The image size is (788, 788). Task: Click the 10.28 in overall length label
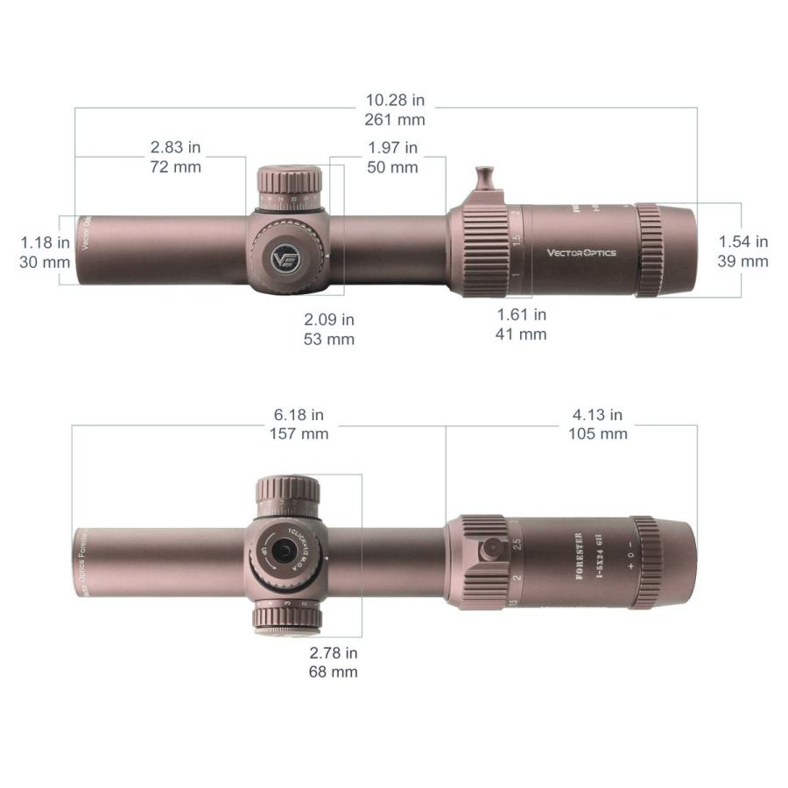[x=394, y=100]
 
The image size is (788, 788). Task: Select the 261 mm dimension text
[x=394, y=119]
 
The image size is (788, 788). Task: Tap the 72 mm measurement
[x=175, y=166]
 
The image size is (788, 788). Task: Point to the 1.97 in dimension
[x=392, y=147]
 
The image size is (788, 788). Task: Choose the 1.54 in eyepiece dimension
[x=743, y=242]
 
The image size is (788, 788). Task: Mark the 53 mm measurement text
[x=329, y=340]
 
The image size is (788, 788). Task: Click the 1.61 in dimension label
[x=522, y=314]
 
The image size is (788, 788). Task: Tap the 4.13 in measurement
[x=597, y=415]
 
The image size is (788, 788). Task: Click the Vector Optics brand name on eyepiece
[x=581, y=253]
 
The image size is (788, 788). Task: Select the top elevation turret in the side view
[x=289, y=183]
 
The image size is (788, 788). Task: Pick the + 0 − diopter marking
[x=632, y=556]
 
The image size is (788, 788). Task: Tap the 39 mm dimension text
[x=743, y=261]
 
